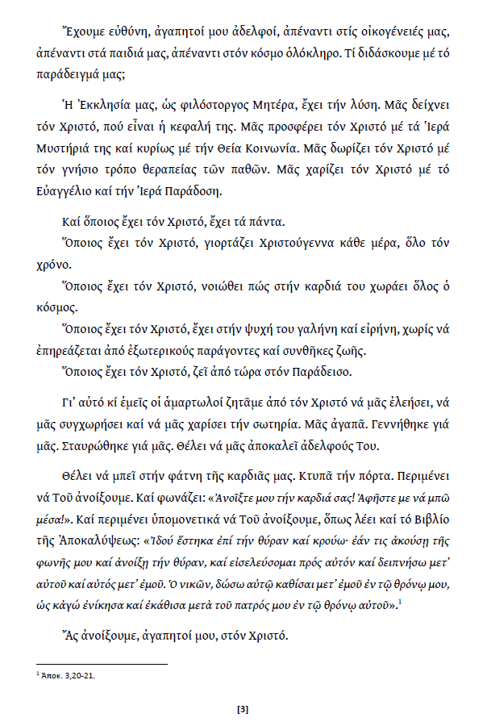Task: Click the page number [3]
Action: pos(243,709)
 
